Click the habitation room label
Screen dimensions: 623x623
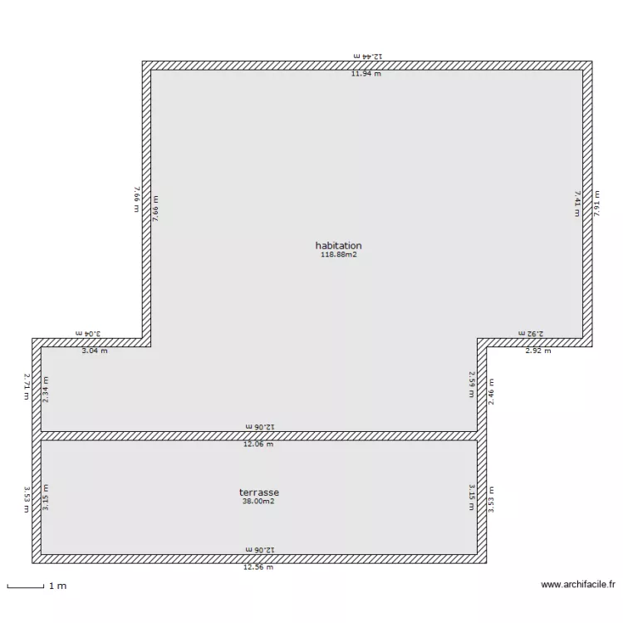coord(338,246)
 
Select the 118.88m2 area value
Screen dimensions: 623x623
coord(338,255)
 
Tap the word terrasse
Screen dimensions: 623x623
coord(258,493)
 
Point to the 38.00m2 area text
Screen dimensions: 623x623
coord(258,502)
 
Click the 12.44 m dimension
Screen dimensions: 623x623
coord(366,56)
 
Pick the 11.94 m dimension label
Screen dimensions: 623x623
coord(366,74)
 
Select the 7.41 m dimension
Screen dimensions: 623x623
coord(577,204)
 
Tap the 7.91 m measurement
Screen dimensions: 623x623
coord(597,204)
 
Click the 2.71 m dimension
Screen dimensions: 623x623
coord(27,386)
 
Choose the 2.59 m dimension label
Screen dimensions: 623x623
coord(471,384)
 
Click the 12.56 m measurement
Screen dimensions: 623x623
coord(258,567)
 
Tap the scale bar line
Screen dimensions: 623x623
coord(25,588)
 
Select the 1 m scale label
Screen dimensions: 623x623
coord(57,586)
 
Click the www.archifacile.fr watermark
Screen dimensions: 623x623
coord(578,585)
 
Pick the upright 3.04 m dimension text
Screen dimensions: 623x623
coord(94,351)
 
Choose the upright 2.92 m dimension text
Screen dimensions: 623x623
coord(537,351)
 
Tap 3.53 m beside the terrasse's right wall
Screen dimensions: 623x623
coord(491,498)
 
